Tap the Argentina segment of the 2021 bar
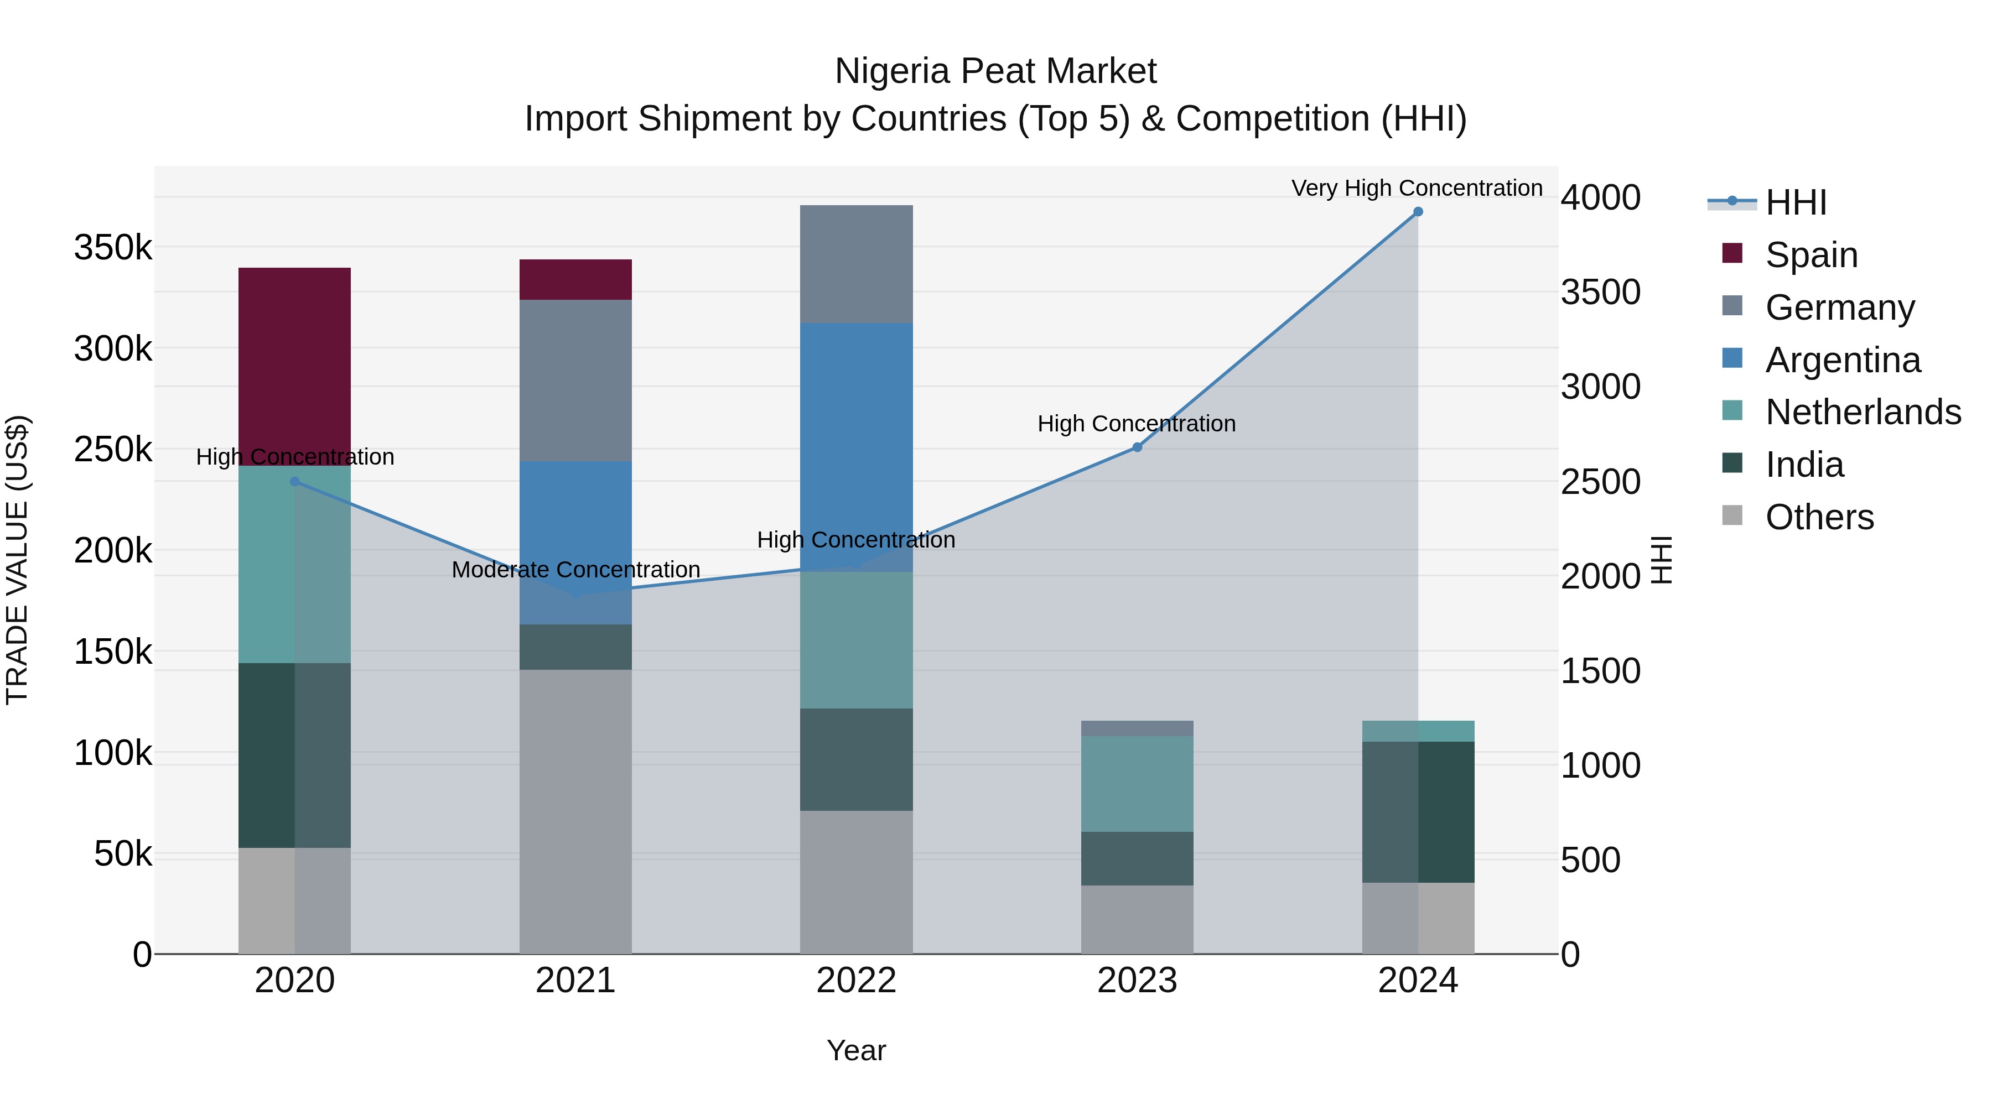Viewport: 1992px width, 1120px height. coord(575,525)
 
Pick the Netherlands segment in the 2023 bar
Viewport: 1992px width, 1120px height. coord(1137,783)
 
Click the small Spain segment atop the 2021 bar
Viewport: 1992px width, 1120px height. coord(575,279)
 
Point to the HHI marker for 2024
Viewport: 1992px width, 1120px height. coord(1418,212)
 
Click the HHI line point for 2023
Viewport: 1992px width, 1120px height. coord(1137,447)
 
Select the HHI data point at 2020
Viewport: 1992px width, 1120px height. coord(294,482)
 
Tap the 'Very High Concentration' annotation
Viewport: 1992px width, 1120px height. coord(1417,188)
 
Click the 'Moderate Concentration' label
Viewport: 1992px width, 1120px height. coord(575,570)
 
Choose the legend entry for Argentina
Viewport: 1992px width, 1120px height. coord(1843,360)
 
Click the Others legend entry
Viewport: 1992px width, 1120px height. coord(1819,517)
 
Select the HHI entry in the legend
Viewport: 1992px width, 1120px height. coord(1796,202)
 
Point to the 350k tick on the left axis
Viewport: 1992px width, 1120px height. coord(113,248)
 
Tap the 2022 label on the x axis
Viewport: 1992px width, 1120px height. coord(856,981)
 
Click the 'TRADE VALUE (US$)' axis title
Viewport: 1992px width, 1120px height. coord(18,560)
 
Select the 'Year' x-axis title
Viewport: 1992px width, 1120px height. coord(856,1050)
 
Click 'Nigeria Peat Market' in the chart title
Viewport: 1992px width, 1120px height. coord(995,71)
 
